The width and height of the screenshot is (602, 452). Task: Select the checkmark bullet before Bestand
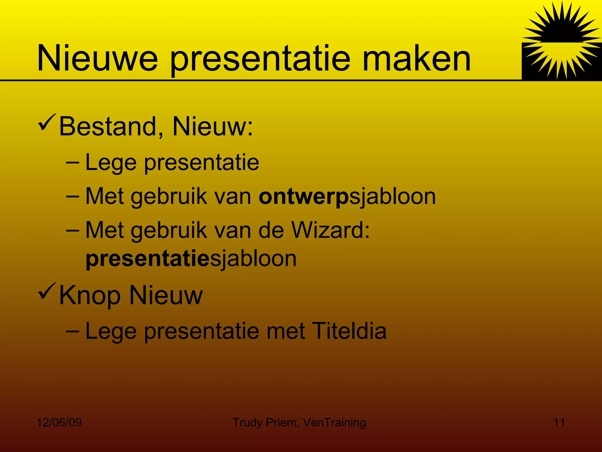pyautogui.click(x=46, y=123)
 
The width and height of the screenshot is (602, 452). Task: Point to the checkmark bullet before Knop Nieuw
pyautogui.click(x=46, y=291)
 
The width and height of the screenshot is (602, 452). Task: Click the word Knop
pyautogui.click(x=90, y=296)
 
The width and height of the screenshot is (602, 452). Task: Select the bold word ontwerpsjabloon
pyautogui.click(x=347, y=197)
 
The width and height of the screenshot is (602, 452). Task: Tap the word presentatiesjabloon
pyautogui.click(x=191, y=259)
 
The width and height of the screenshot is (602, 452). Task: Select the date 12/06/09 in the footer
pyautogui.click(x=59, y=423)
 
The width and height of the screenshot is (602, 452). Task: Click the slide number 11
pyautogui.click(x=559, y=423)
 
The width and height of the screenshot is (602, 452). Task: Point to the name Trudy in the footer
pyautogui.click(x=247, y=423)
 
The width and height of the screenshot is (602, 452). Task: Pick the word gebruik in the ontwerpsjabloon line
pyautogui.click(x=169, y=197)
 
